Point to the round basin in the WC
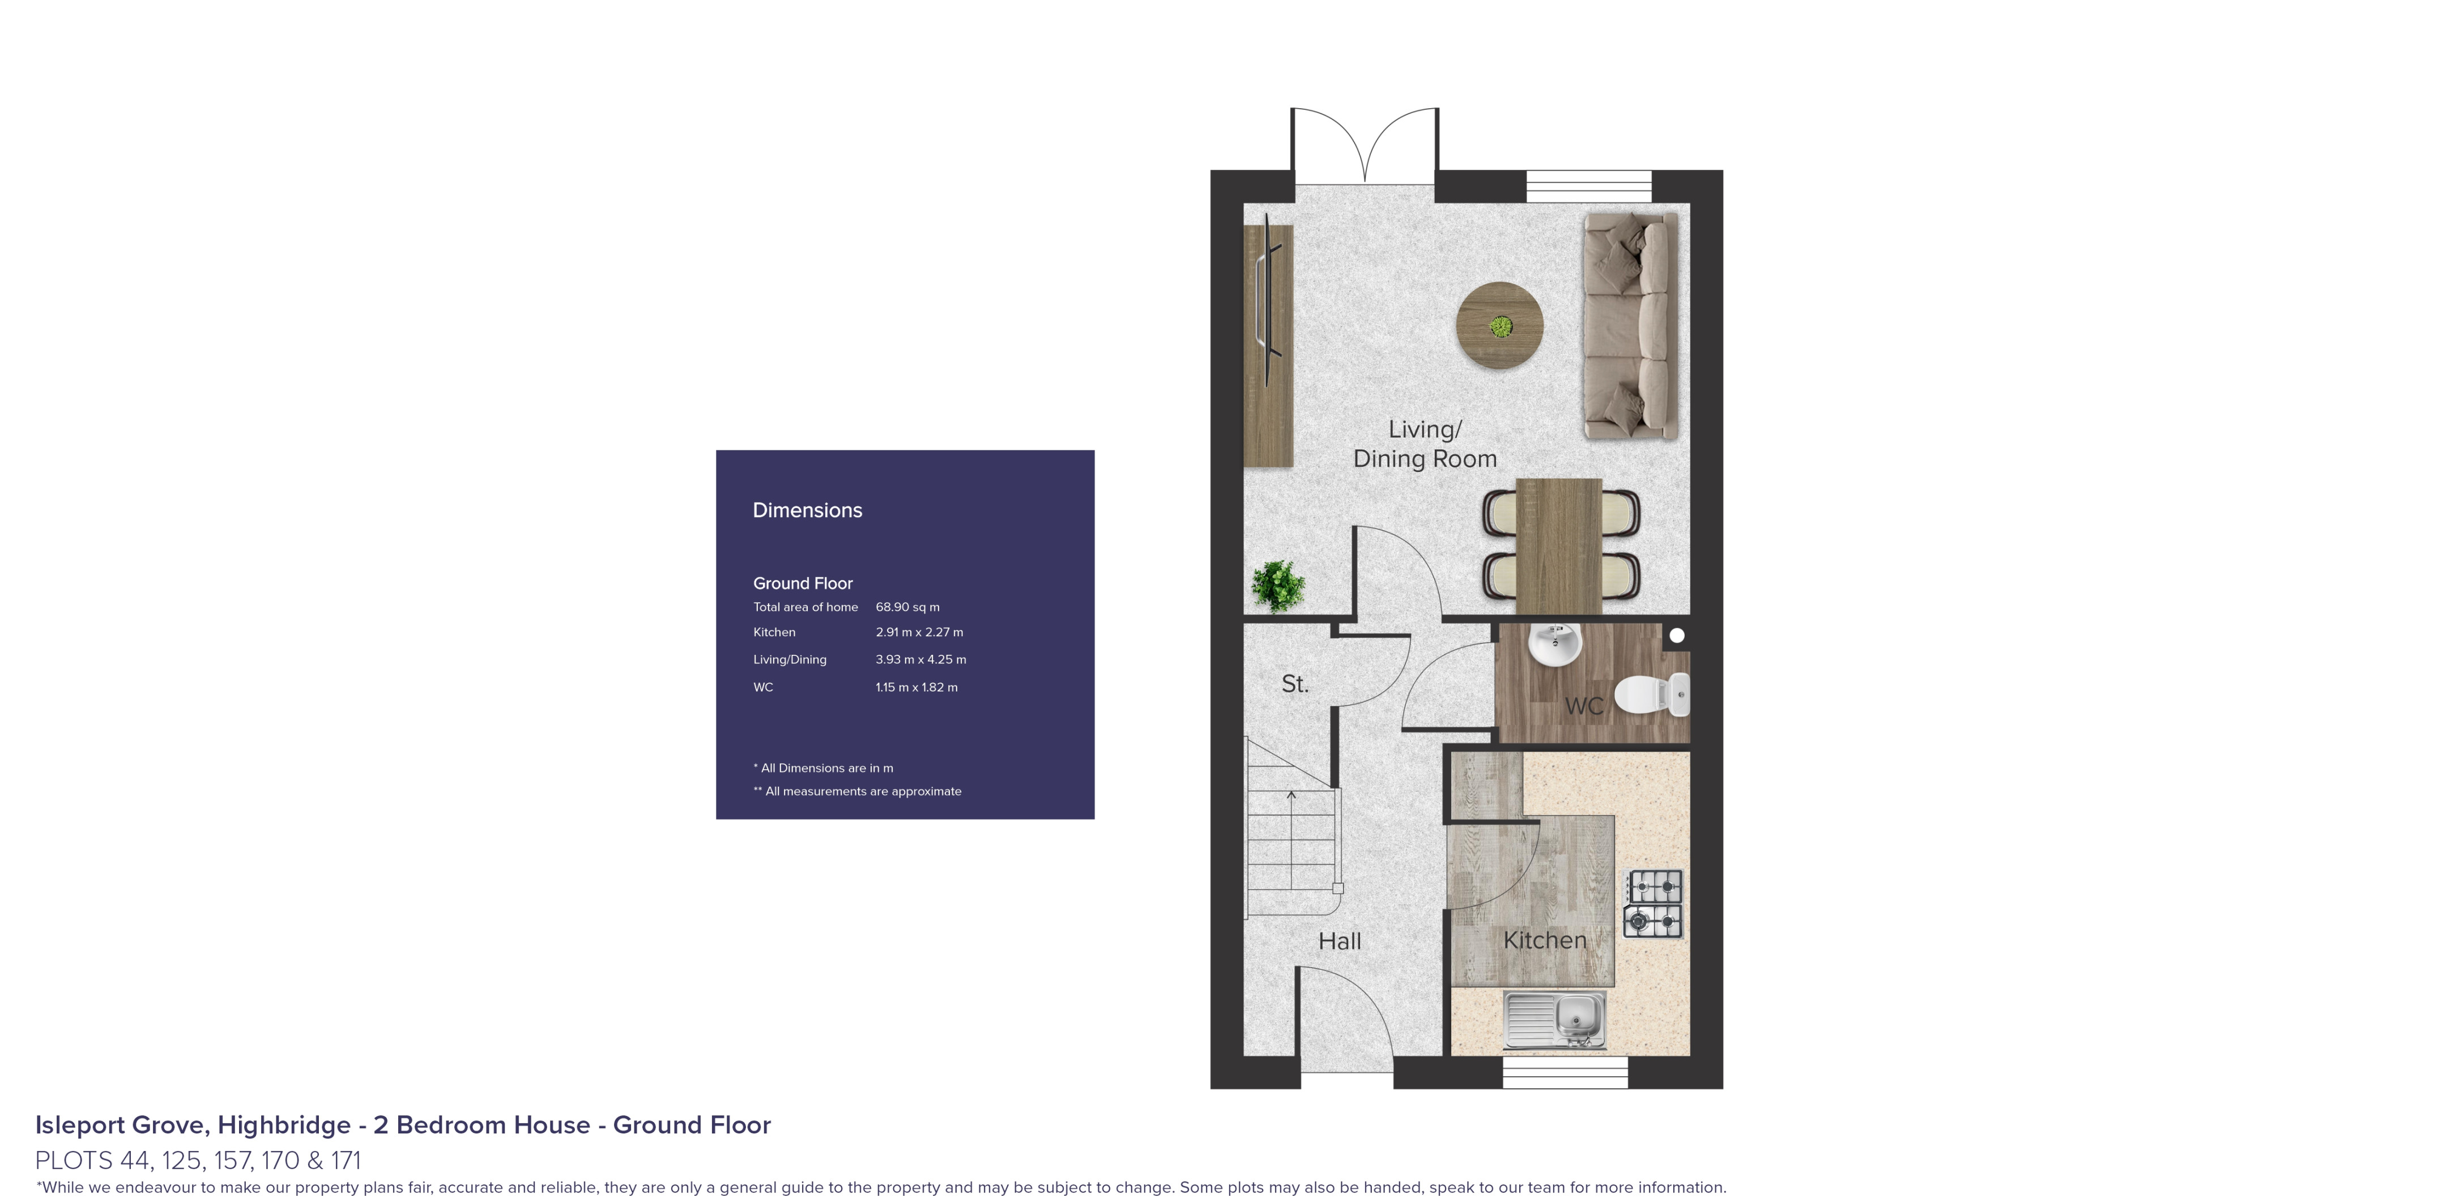(x=1555, y=644)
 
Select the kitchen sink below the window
(x=1554, y=1020)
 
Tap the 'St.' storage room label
(x=1295, y=683)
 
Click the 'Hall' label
(x=1340, y=941)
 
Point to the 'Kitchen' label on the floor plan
(x=1545, y=940)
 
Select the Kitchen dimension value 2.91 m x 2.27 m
(x=919, y=632)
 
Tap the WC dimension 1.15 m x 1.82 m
(x=916, y=687)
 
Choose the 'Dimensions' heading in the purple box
(x=807, y=510)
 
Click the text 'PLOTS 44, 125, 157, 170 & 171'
(x=198, y=1160)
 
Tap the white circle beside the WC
(x=1677, y=636)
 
